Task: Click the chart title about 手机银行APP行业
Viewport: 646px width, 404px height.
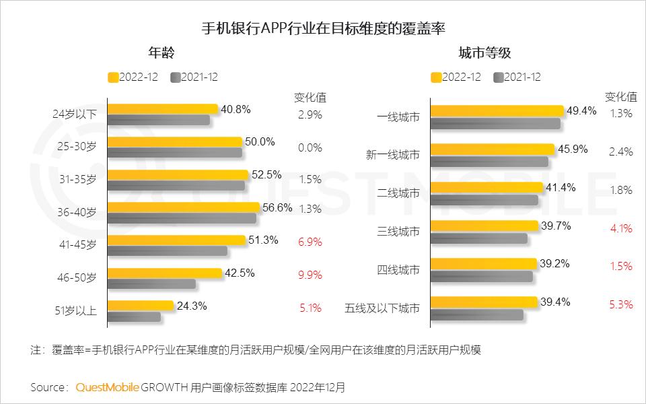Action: click(324, 29)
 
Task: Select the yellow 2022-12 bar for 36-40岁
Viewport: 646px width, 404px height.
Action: click(183, 207)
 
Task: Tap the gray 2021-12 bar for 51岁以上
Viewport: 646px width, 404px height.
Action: click(134, 316)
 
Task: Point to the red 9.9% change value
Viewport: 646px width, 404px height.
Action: click(310, 275)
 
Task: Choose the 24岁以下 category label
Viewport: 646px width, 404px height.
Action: click(75, 114)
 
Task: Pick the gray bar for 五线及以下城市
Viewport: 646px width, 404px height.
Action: click(476, 314)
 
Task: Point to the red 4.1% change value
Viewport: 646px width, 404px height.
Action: click(620, 228)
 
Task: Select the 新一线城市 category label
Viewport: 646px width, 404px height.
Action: click(392, 155)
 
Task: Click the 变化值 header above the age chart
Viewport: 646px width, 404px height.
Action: click(310, 97)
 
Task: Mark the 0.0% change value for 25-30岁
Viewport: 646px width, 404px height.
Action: click(310, 147)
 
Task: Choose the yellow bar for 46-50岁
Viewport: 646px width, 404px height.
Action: click(165, 273)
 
